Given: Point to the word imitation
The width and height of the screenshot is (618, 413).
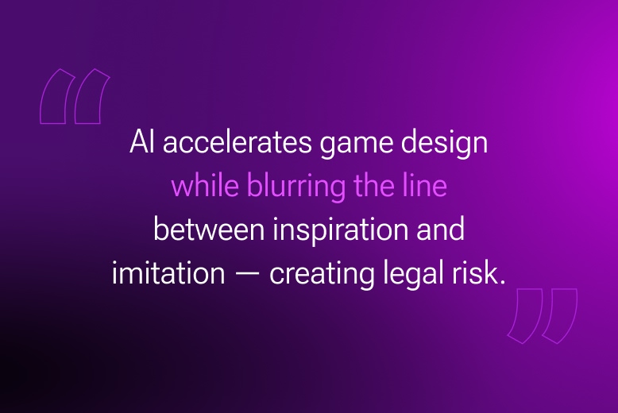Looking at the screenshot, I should click(168, 272).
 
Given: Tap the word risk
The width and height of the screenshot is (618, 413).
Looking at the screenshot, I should click(477, 272).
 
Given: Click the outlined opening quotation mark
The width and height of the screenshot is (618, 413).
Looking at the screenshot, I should click(75, 97).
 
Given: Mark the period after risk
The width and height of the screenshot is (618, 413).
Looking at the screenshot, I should click(502, 282).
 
